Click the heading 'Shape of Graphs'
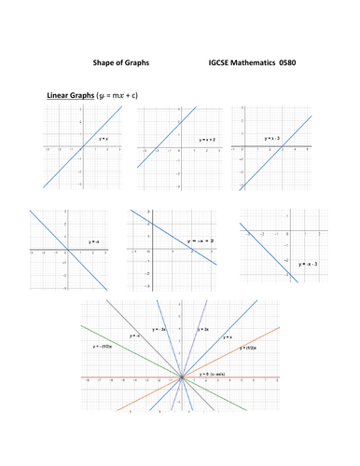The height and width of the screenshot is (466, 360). click(120, 62)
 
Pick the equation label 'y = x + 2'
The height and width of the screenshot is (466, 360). click(206, 139)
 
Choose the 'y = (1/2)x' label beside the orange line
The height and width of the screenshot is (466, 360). click(247, 347)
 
